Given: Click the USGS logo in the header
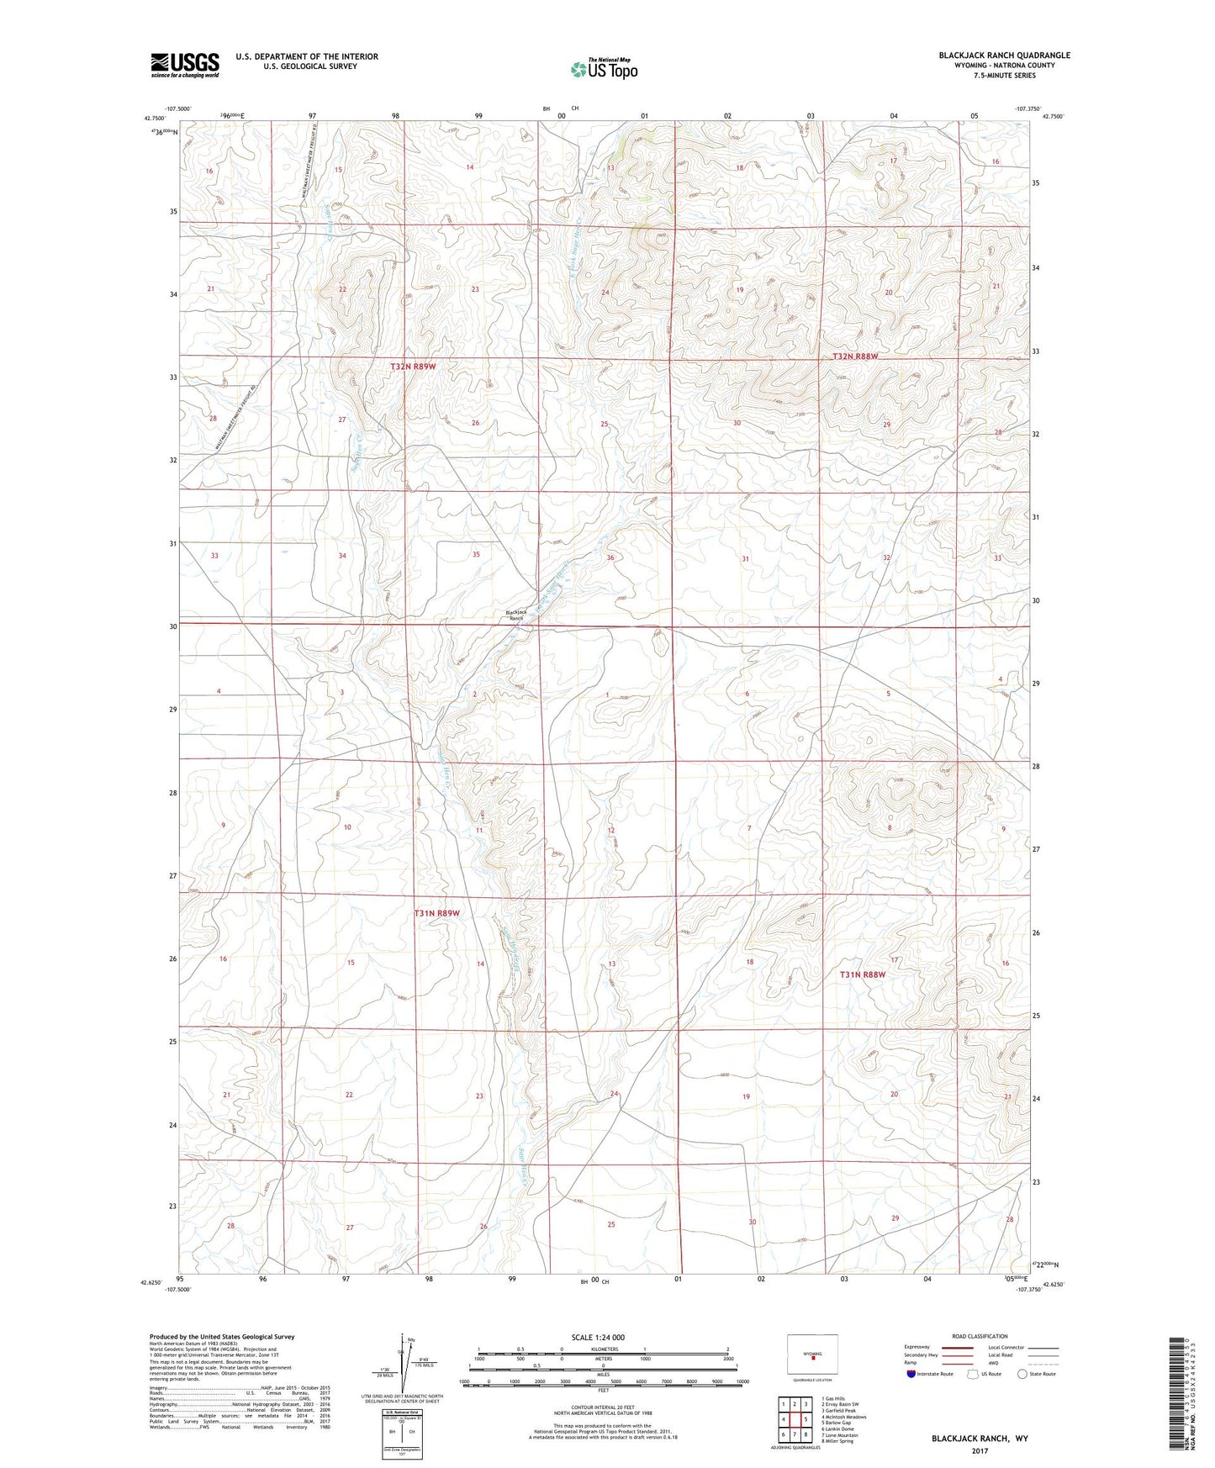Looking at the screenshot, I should click(x=185, y=65).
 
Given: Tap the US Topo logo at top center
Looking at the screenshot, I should click(x=603, y=69).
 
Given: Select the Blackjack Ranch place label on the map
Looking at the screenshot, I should click(x=515, y=615).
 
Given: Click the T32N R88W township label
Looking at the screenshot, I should click(x=854, y=356).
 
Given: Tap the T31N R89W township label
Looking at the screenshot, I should click(x=436, y=913).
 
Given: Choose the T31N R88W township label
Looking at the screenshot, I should click(x=863, y=974).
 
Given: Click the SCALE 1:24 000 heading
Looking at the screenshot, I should click(x=598, y=1337).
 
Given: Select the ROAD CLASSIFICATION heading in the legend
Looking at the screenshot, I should click(x=980, y=1336).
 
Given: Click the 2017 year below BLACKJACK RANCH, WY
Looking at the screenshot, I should click(x=979, y=1450).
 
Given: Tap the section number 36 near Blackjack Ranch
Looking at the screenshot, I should click(x=610, y=557).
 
